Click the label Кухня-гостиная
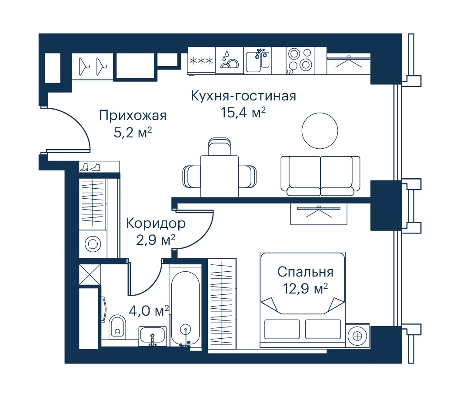[x=243, y=96]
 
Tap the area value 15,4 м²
[x=243, y=113]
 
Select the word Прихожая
[x=133, y=116]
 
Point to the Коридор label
[x=156, y=224]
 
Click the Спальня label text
[x=305, y=272]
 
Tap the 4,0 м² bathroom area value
[x=149, y=311]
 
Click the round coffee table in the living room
[x=320, y=130]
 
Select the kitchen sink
[x=257, y=61]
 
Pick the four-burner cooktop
[x=300, y=61]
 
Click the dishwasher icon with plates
[x=230, y=61]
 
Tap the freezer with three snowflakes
[x=201, y=61]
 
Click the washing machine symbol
[x=93, y=244]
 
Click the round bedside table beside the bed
[x=357, y=336]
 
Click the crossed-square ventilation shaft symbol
[x=90, y=274]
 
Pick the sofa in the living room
[x=320, y=176]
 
